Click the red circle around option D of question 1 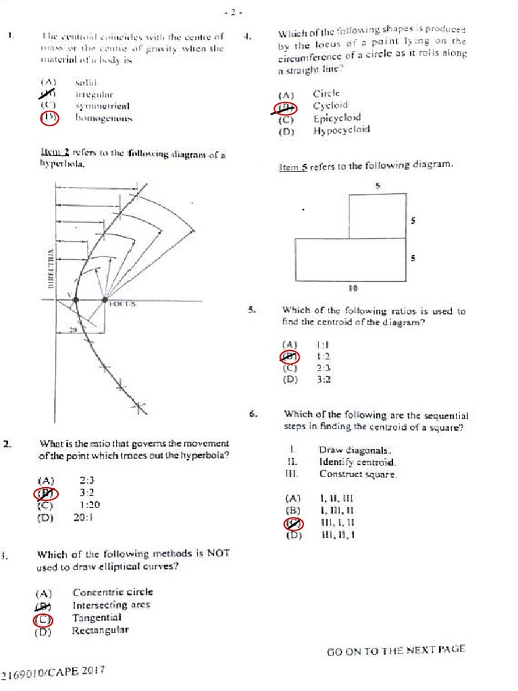[x=50, y=118]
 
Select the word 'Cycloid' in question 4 [x=330, y=106]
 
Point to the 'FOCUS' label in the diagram [x=123, y=304]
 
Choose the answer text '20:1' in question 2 [x=84, y=518]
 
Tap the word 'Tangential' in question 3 [x=96, y=617]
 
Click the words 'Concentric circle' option [x=113, y=592]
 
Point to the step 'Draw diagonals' [x=355, y=450]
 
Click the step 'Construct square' [x=357, y=474]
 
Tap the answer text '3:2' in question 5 [x=322, y=380]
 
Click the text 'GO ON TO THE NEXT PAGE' [x=395, y=651]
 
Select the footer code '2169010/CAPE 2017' [x=53, y=673]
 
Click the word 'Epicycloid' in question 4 [x=337, y=118]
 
